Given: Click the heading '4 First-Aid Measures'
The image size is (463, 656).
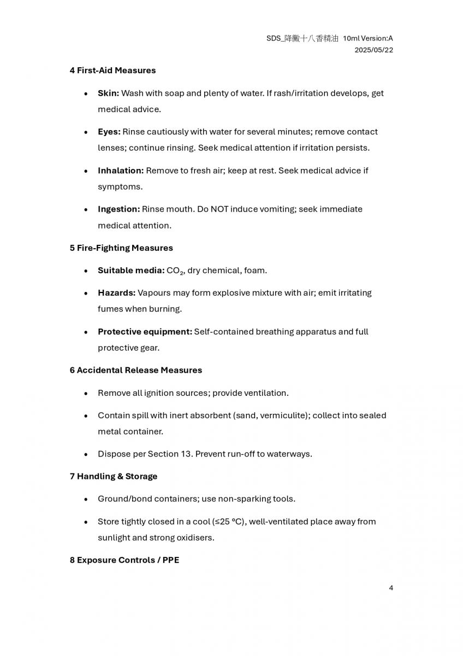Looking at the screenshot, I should click(112, 71).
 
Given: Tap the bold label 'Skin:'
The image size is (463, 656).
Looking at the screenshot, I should click(108, 93).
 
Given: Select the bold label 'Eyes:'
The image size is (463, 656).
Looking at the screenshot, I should click(109, 132).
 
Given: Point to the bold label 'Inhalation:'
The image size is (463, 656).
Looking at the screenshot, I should click(121, 171).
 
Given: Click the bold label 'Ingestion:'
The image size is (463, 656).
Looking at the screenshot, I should click(118, 209).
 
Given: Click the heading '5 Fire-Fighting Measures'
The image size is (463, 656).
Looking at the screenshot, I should click(121, 248).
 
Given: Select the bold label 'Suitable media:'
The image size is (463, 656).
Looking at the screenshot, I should click(131, 271).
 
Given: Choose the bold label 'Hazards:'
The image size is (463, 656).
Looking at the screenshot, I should click(116, 293).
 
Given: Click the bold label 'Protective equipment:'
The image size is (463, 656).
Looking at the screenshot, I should click(145, 332).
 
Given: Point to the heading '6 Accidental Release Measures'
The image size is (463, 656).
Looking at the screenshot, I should click(135, 371).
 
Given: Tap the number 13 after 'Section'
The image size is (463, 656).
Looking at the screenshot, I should click(186, 454).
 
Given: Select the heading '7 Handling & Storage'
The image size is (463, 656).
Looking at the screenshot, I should click(113, 477).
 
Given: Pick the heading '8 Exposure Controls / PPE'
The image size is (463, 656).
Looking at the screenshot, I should click(124, 560).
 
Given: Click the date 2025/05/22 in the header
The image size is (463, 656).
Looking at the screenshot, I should click(373, 50).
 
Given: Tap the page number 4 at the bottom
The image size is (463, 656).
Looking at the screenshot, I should click(391, 588).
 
